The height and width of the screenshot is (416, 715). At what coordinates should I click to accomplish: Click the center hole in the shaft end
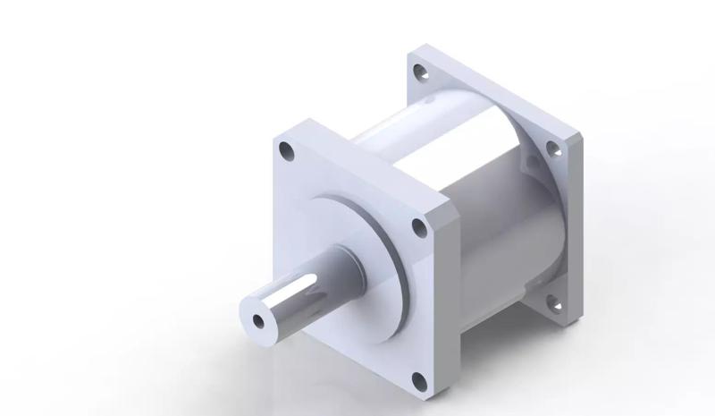(x=259, y=319)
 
